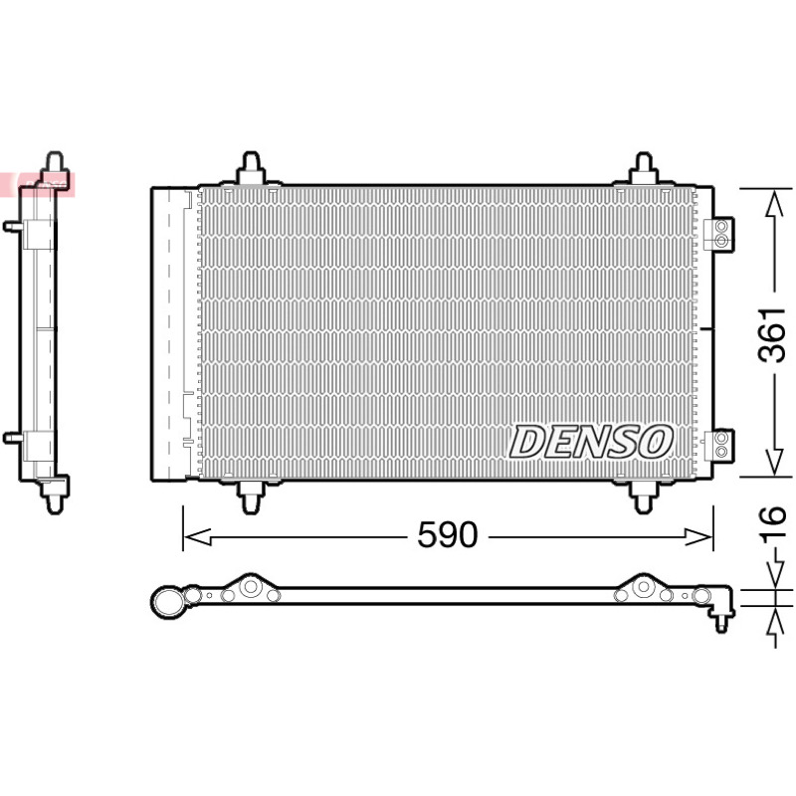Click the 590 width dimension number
tap(447, 534)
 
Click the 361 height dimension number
tap(772, 334)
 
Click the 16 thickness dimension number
tap(772, 520)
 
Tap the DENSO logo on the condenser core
tap(591, 442)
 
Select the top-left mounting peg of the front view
tap(251, 168)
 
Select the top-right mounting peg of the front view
tap(643, 168)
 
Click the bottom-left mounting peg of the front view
tap(251, 497)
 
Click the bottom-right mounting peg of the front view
tap(643, 497)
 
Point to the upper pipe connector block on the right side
tap(719, 234)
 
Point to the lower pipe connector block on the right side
tap(719, 446)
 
